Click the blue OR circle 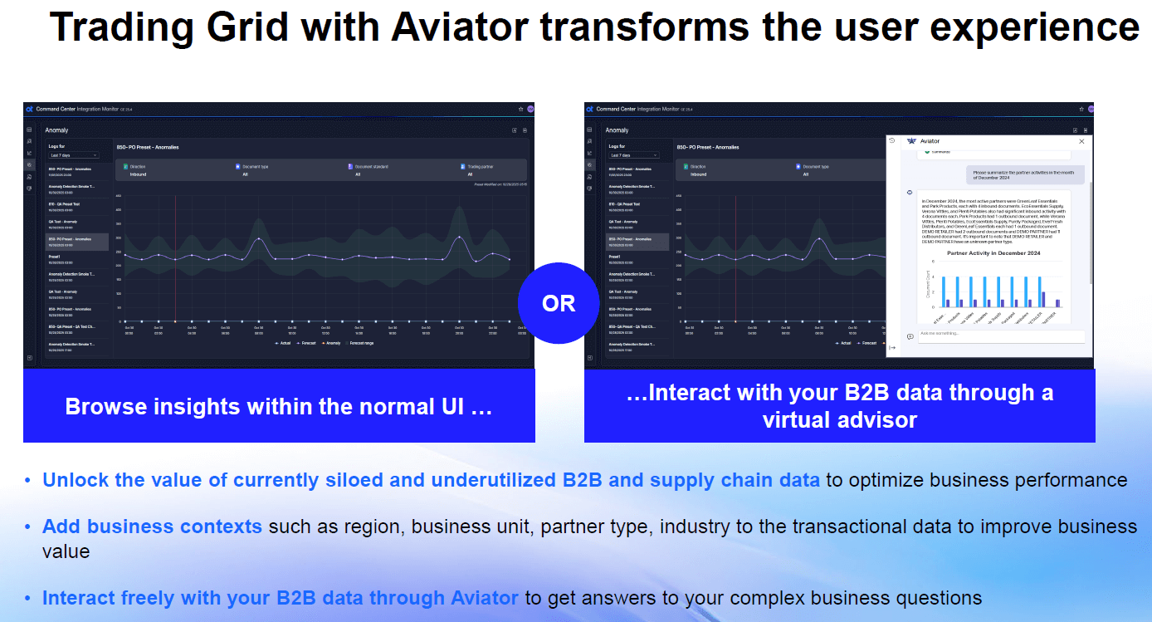click(x=558, y=303)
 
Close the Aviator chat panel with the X click(x=1081, y=141)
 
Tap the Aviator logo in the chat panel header click(x=911, y=141)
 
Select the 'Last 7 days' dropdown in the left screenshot click(x=74, y=155)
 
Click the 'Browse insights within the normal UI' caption click(x=279, y=407)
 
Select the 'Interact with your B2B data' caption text click(x=839, y=393)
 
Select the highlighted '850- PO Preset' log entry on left click(x=76, y=242)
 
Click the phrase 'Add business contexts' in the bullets click(x=152, y=526)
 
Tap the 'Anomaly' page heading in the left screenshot click(x=56, y=130)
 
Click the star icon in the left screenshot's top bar click(x=520, y=109)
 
